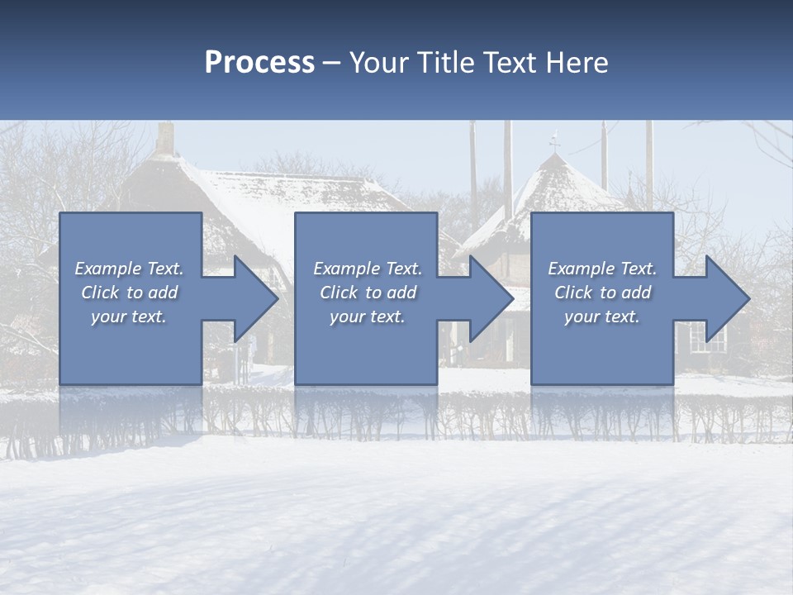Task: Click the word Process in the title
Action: coord(259,63)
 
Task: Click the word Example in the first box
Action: coord(108,269)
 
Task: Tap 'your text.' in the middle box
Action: coord(367,317)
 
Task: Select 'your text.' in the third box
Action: coord(601,317)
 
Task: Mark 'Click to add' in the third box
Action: coord(602,293)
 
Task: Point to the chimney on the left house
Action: coord(165,139)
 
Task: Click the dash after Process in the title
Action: coord(331,64)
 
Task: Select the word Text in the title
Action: coord(508,63)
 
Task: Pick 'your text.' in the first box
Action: coord(129,317)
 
